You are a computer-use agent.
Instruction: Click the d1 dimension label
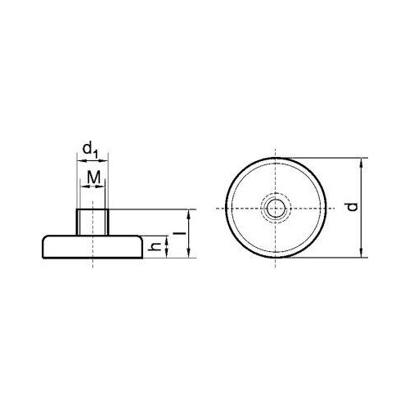pyautogui.click(x=90, y=151)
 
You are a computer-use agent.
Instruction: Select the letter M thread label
pyautogui.click(x=93, y=177)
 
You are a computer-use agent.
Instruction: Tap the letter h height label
pyautogui.click(x=155, y=247)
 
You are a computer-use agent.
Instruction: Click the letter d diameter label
pyautogui.click(x=353, y=207)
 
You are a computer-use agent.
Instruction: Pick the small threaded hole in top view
pyautogui.click(x=276, y=209)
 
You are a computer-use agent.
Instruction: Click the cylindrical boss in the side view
pyautogui.click(x=92, y=222)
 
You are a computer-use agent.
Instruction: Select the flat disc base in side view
pyautogui.click(x=92, y=246)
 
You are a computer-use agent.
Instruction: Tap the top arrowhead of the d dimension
pyautogui.click(x=362, y=162)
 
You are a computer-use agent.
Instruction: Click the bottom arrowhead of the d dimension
pyautogui.click(x=362, y=254)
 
